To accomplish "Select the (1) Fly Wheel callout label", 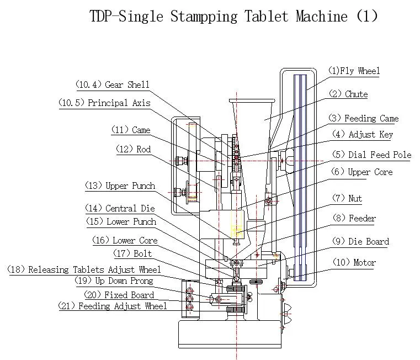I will tap(354, 71).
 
